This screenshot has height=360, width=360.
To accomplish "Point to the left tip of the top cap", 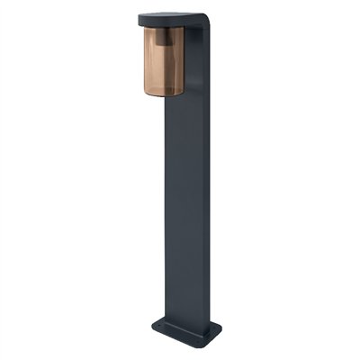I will tap(139, 17).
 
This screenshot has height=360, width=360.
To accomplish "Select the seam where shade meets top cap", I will tap(162, 27).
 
